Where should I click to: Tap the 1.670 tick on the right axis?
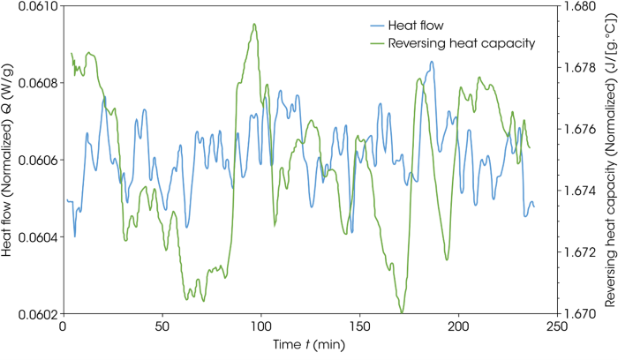[579, 314]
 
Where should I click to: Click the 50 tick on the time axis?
[162, 327]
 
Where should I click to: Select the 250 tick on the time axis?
[556, 327]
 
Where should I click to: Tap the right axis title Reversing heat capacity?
[609, 159]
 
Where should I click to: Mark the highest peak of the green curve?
[254, 25]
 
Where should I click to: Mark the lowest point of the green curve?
[402, 312]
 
